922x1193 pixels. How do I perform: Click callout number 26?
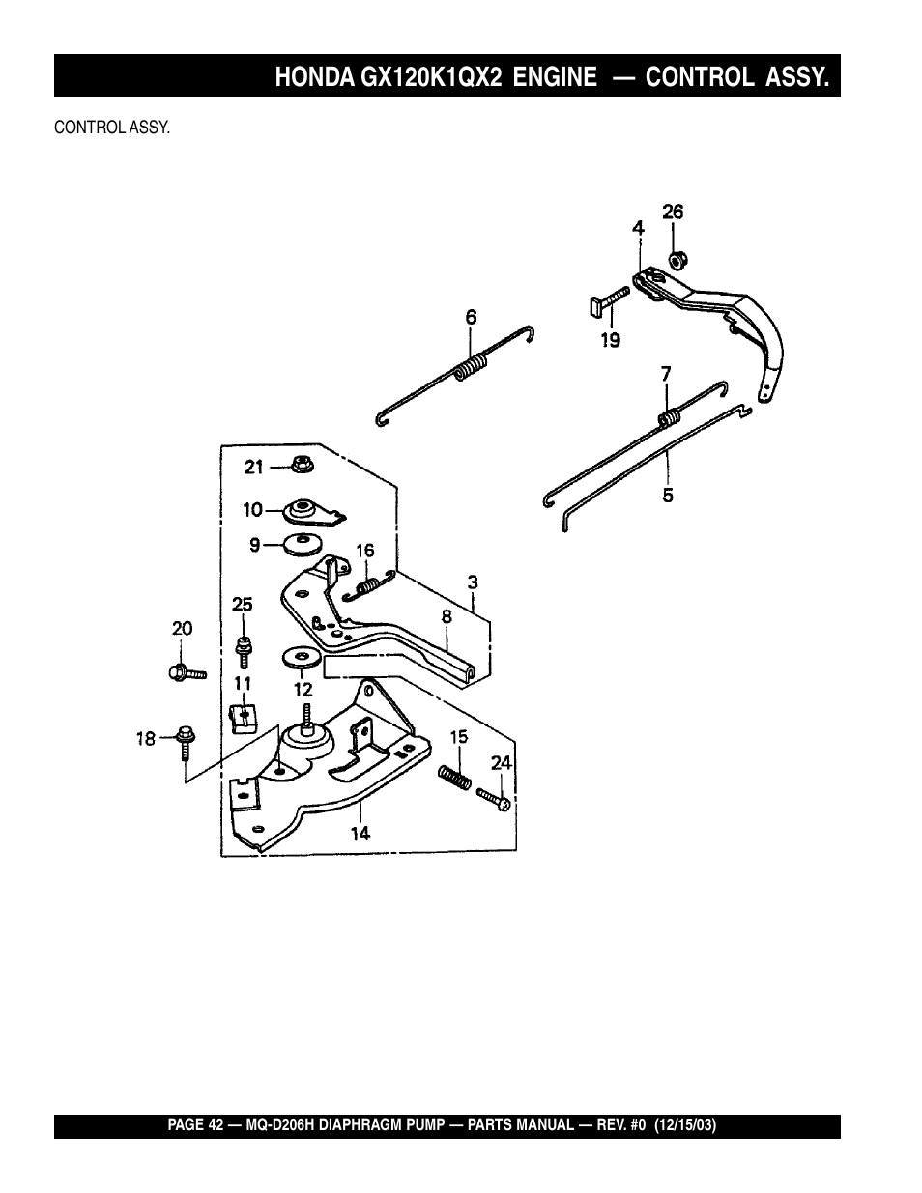pos(673,212)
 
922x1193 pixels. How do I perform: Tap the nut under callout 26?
pos(677,259)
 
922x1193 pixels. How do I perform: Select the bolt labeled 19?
pos(608,303)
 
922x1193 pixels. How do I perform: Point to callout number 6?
pos(472,317)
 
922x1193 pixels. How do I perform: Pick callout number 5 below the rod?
pos(668,496)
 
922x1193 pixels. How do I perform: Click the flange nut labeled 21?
pos(303,465)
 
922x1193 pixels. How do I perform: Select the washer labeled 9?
pos(303,544)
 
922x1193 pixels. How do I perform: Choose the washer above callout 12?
pos(302,658)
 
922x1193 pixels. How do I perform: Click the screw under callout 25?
pos(244,653)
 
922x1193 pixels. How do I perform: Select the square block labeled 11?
pos(243,718)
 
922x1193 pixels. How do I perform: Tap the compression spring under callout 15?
pos(454,778)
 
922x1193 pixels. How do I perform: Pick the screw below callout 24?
pos(494,800)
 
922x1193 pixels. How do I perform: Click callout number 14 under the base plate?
pos(360,834)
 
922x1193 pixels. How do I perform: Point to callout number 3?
pos(473,582)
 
